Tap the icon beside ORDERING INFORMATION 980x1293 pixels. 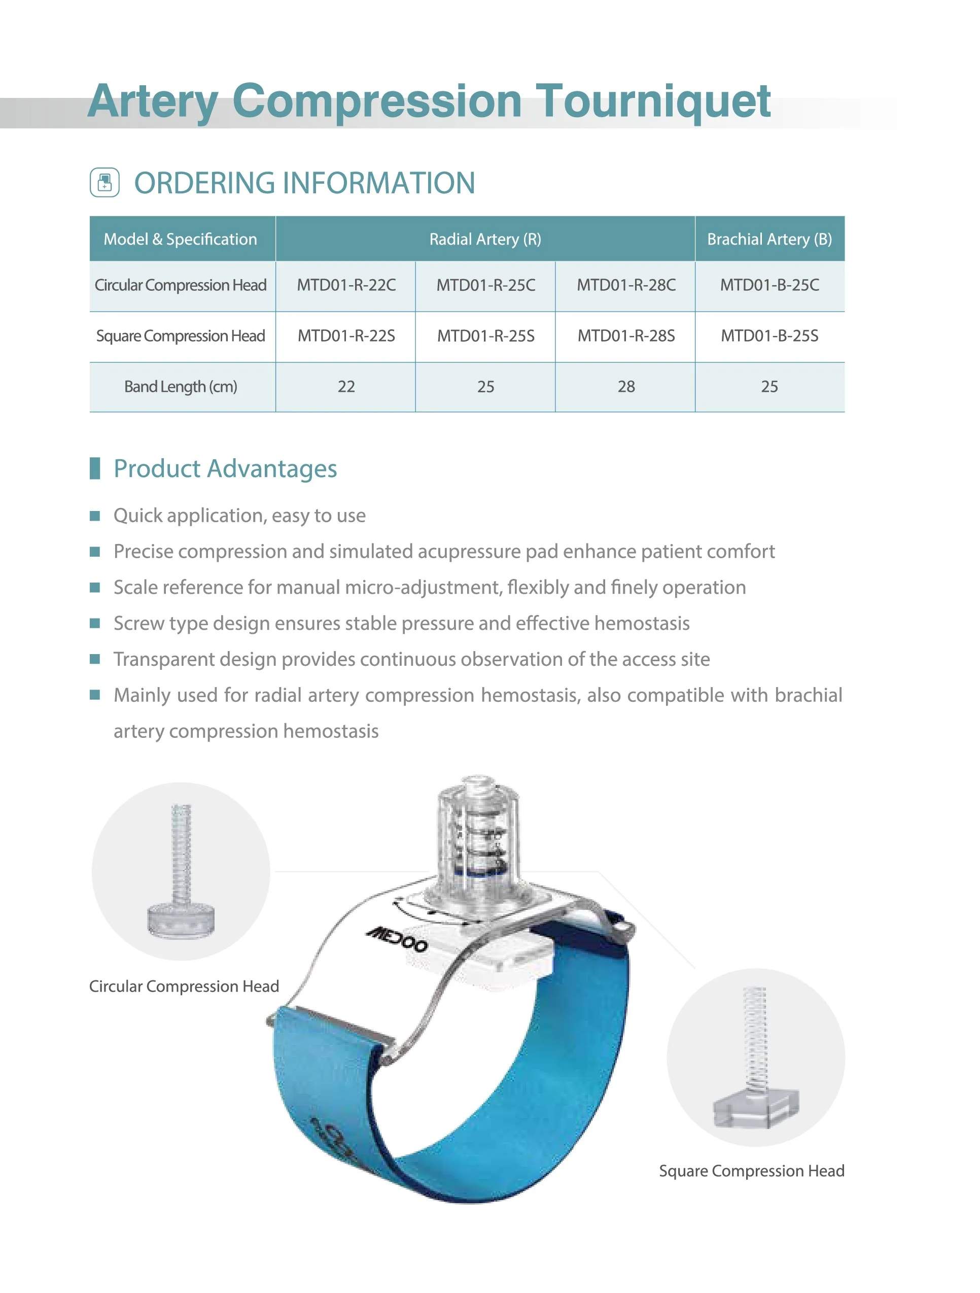104,182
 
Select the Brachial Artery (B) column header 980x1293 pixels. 769,239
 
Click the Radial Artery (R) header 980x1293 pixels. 485,239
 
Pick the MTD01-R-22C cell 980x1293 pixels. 346,285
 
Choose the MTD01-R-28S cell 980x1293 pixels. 626,336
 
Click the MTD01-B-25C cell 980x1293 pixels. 769,285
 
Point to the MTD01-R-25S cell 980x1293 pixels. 485,336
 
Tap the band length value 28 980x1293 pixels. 626,386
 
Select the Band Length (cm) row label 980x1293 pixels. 181,386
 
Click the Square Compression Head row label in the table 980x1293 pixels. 181,336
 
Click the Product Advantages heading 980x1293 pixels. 225,469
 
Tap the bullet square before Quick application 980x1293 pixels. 95,516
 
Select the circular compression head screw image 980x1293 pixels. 181,871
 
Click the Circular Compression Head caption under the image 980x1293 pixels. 184,986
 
